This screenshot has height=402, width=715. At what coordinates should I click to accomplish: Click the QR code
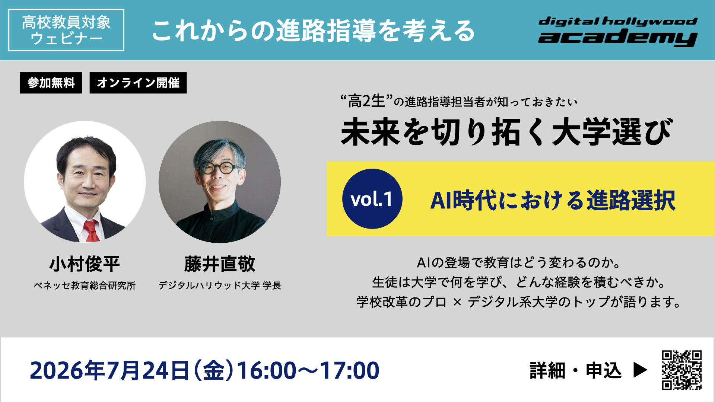(681, 370)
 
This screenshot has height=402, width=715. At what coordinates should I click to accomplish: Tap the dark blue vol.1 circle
(372, 199)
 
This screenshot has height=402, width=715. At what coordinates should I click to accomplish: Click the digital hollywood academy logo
(617, 31)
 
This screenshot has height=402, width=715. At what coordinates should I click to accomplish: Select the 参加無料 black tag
(51, 83)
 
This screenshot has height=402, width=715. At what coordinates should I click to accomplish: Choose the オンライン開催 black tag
(138, 83)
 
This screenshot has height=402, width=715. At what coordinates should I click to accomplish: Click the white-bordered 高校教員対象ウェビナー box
(66, 30)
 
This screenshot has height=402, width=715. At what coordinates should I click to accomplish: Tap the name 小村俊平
(85, 264)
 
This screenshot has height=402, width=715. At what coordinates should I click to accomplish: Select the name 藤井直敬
(220, 264)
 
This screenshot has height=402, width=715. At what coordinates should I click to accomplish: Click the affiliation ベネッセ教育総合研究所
(85, 285)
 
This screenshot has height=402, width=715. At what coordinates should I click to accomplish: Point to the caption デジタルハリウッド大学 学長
(220, 285)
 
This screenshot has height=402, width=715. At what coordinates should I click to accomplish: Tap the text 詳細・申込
(576, 370)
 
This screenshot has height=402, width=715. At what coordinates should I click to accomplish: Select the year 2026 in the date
(57, 371)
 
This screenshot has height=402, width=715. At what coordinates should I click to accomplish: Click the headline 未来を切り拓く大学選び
(506, 132)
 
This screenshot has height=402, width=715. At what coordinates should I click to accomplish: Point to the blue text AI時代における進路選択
(553, 200)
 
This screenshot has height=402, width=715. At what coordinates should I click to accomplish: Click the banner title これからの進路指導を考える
(313, 31)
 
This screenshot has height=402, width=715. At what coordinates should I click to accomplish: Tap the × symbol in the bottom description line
(457, 302)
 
